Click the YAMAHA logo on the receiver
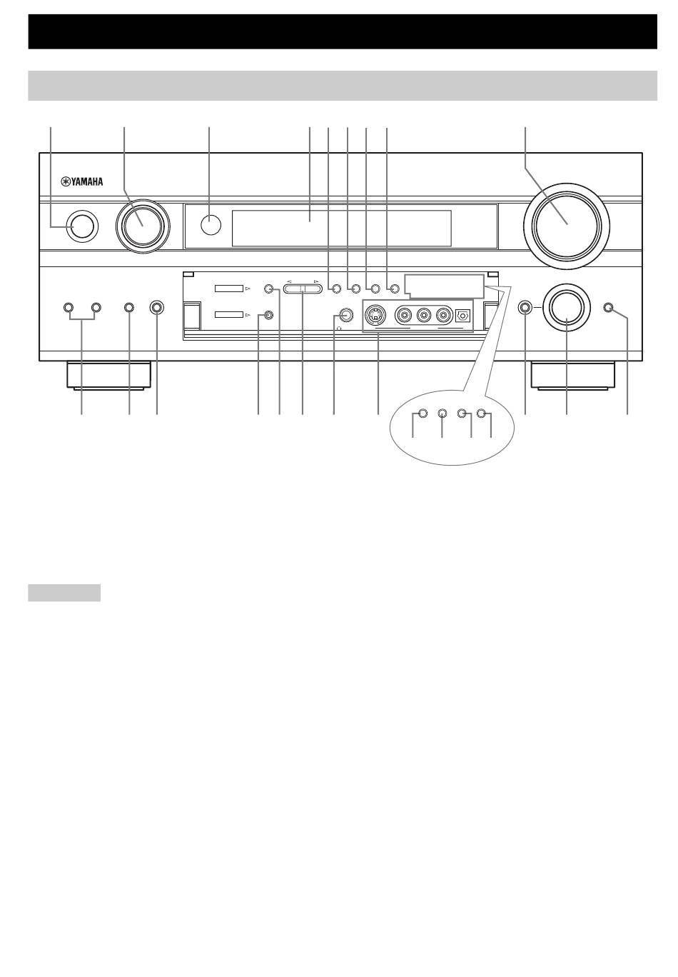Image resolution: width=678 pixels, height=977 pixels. coord(81,181)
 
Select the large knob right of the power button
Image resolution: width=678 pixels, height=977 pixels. coord(143,225)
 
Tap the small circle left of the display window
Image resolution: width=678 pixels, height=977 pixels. coord(211,225)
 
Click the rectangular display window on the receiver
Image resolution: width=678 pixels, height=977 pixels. coord(341,228)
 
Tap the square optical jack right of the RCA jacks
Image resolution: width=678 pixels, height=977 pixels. coord(462,315)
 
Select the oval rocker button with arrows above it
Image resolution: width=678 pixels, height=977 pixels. coord(303,289)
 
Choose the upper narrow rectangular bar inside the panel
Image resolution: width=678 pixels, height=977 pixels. coord(228,289)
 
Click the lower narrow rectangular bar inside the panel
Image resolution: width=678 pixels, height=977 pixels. coord(228,314)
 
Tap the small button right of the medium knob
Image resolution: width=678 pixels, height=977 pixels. coord(608,308)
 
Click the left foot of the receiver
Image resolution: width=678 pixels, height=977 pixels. coord(108,375)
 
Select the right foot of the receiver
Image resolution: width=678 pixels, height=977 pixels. coord(573,375)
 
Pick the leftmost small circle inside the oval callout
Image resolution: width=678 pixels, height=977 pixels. coord(422,413)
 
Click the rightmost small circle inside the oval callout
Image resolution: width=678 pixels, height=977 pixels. coord(481,413)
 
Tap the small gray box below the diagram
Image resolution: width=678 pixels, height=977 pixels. coord(64,593)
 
